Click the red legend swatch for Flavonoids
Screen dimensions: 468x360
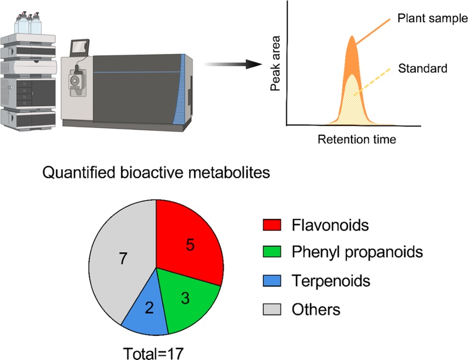click(x=272, y=225)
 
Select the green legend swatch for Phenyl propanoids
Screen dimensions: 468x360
click(x=272, y=252)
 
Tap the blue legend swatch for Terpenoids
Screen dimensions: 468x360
click(x=272, y=280)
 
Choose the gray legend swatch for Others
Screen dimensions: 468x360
click(x=272, y=309)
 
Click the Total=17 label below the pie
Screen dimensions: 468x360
click(x=153, y=354)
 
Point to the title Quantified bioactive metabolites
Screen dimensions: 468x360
click(x=156, y=173)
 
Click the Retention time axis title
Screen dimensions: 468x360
click(x=357, y=139)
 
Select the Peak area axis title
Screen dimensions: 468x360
click(x=275, y=63)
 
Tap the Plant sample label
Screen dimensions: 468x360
click(x=432, y=18)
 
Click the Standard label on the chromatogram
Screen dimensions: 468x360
click(x=422, y=68)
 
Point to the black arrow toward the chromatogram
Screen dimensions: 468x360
click(x=233, y=64)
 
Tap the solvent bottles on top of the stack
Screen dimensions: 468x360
click(x=27, y=23)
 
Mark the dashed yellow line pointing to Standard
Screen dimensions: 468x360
click(x=372, y=82)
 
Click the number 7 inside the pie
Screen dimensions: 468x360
click(x=123, y=258)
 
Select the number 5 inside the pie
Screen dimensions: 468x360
click(x=190, y=245)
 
